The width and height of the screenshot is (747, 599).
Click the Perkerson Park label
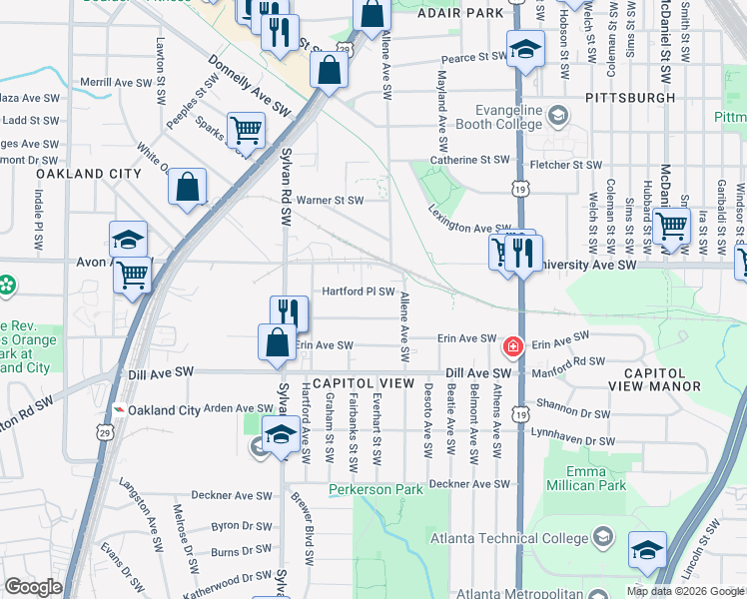(369, 490)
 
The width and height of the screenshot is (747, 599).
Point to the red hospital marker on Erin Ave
(512, 346)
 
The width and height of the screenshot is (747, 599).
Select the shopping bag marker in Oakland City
(187, 186)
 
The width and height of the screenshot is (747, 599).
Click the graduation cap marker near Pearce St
(524, 49)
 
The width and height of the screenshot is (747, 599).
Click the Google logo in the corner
(34, 587)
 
